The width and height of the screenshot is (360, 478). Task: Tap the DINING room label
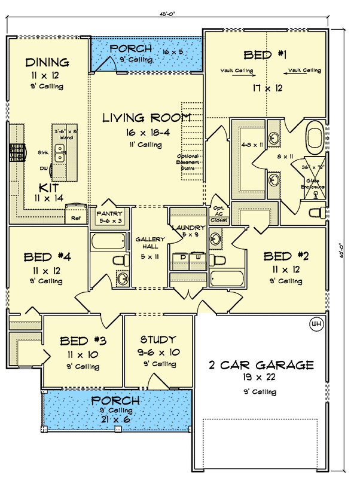(48, 62)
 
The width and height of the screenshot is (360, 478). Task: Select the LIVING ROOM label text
(147, 117)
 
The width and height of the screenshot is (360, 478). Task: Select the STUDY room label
(158, 340)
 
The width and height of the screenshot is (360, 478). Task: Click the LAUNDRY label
(188, 228)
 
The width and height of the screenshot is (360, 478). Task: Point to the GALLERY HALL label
(146, 243)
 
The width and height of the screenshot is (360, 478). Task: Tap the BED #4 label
(48, 258)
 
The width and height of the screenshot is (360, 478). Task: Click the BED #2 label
(286, 257)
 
